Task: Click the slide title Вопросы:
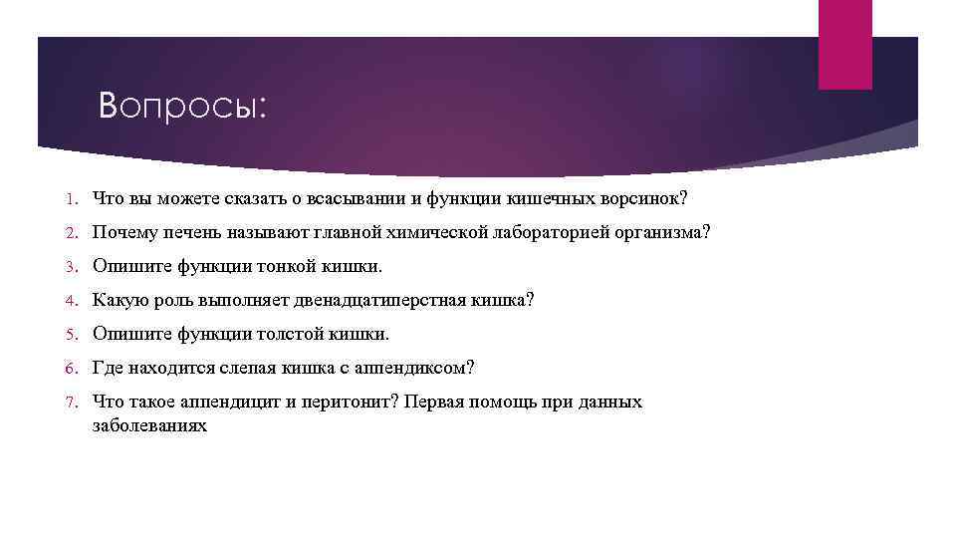tap(183, 106)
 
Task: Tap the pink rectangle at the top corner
tap(844, 44)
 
